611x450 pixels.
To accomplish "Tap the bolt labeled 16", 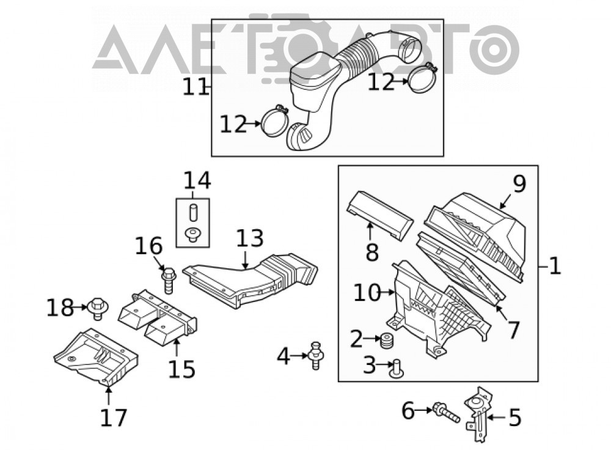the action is (169, 280).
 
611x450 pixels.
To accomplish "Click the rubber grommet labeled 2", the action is (386, 341).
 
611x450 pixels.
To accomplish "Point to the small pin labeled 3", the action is (397, 369).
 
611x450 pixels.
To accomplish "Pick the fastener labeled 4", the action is (316, 355).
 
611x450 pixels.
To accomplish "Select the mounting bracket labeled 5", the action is (478, 414).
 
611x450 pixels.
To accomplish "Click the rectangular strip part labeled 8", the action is (379, 215).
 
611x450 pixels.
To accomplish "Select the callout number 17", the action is (114, 417).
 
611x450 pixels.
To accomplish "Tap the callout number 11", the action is (196, 87).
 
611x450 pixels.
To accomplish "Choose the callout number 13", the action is (250, 238).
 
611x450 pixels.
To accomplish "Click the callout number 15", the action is (181, 369).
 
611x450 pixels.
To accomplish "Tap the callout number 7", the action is (513, 330).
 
